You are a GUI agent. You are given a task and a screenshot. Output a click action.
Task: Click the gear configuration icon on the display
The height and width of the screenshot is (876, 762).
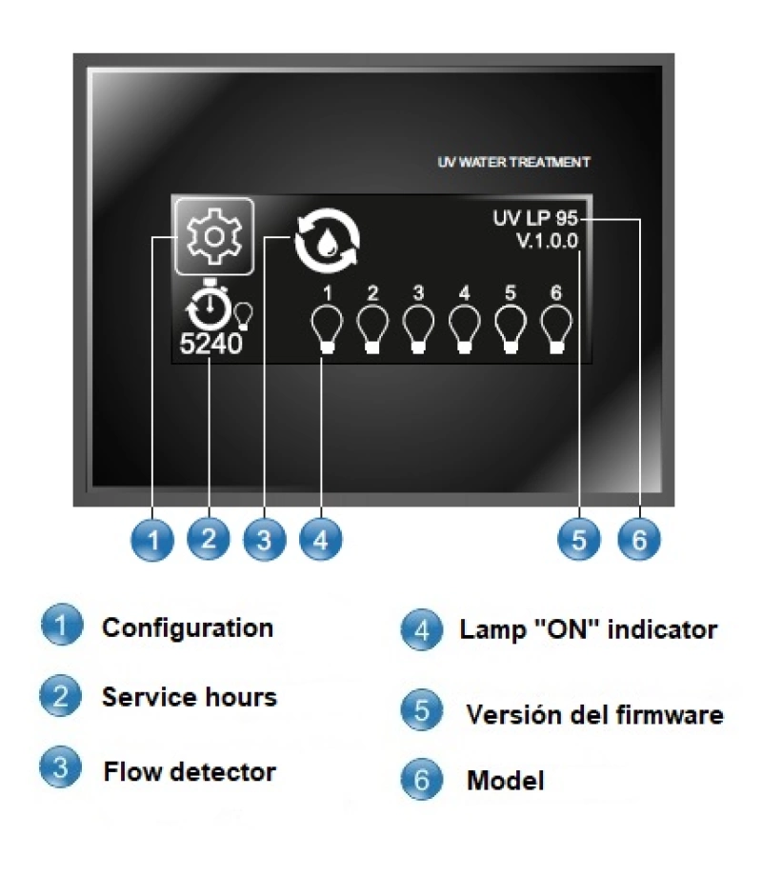[212, 235]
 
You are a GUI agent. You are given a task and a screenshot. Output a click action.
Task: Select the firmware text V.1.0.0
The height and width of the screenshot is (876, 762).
[547, 242]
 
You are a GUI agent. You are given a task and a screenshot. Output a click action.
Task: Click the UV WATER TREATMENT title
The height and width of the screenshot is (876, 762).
[513, 163]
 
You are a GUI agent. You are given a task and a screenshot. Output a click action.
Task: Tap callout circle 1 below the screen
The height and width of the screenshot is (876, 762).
[153, 541]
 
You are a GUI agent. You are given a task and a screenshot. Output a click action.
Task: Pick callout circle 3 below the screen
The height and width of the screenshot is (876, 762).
[265, 541]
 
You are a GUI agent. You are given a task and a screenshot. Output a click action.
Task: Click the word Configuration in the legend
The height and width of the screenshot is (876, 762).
[188, 627]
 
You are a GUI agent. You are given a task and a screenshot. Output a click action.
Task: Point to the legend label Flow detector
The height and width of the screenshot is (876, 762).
[189, 770]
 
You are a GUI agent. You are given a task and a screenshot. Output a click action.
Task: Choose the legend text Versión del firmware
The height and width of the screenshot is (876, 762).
[594, 714]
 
